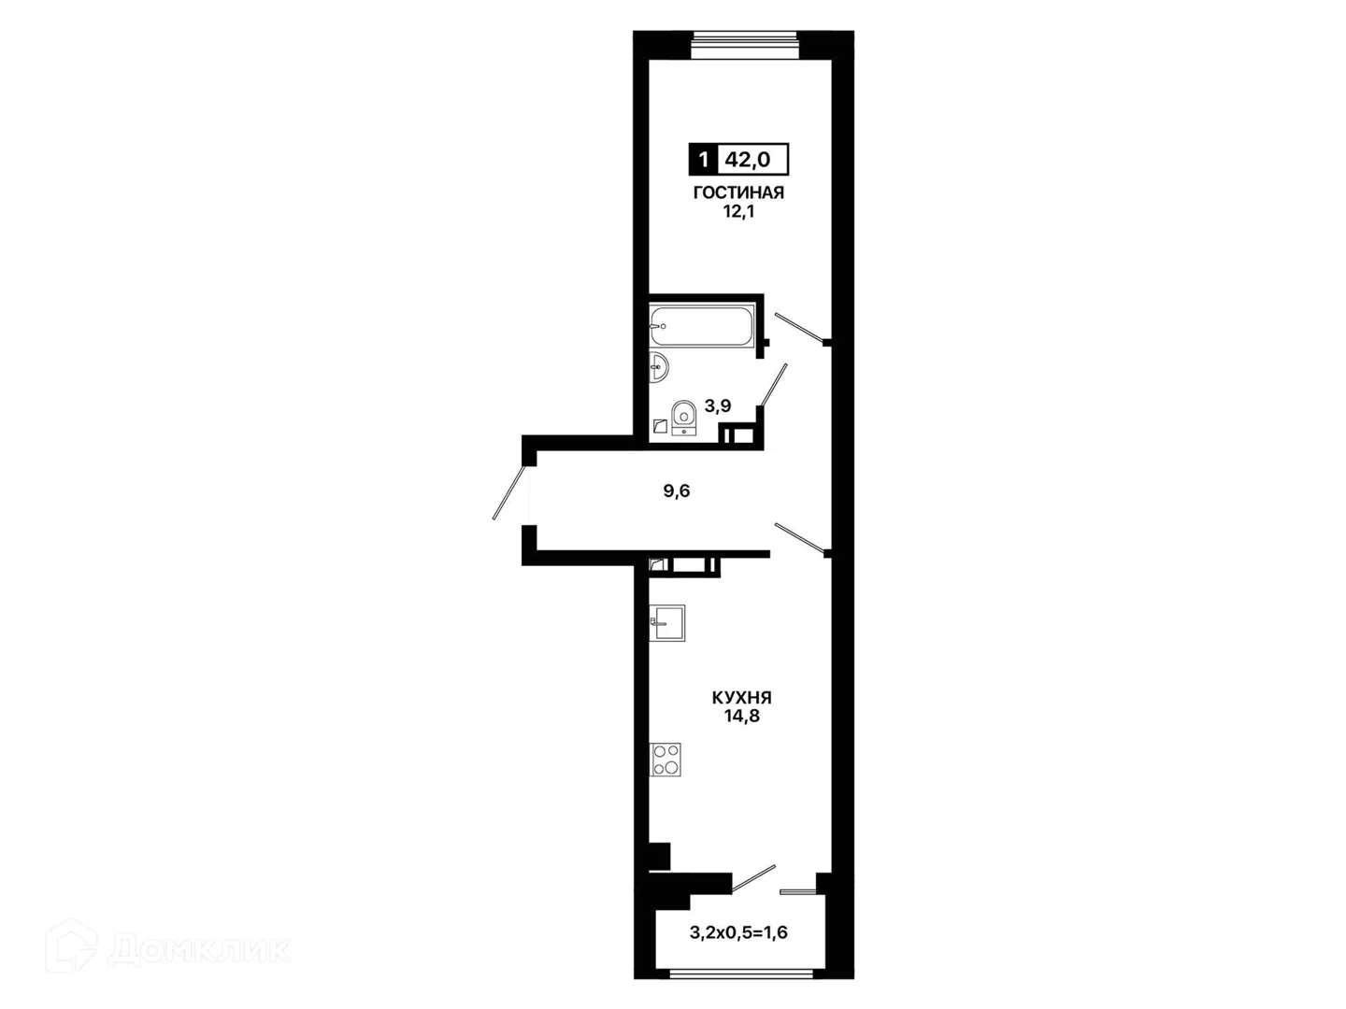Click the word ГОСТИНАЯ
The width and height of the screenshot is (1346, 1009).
click(x=738, y=192)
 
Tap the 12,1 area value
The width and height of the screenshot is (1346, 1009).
click(x=738, y=212)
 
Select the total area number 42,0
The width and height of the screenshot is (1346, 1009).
click(x=748, y=160)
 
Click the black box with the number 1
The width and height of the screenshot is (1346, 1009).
click(x=703, y=160)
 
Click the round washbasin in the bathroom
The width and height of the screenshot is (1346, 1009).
click(x=659, y=367)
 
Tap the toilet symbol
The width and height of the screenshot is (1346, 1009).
click(x=683, y=418)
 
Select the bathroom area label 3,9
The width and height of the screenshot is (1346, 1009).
click(x=718, y=405)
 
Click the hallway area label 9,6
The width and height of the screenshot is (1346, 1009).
click(x=677, y=490)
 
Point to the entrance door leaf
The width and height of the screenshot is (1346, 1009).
click(x=509, y=493)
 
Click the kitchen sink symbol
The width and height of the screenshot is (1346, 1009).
click(x=667, y=623)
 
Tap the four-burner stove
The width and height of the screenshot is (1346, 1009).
click(x=666, y=760)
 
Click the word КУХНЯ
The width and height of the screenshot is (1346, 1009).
click(x=741, y=698)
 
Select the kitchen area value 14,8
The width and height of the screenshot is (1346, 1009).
click(x=741, y=717)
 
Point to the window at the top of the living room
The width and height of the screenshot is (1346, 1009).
click(x=745, y=45)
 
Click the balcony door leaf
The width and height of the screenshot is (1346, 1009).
click(x=753, y=878)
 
